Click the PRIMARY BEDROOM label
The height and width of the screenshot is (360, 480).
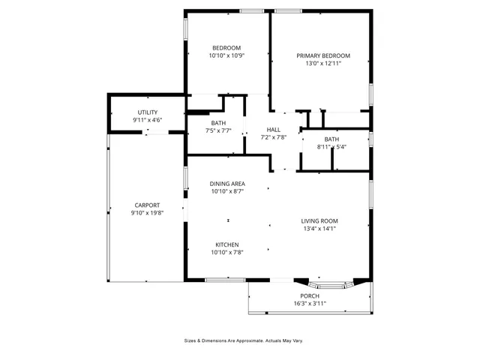(x=322, y=55)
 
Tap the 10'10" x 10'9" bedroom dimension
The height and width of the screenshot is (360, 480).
(x=226, y=56)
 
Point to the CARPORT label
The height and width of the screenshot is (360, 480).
(x=147, y=205)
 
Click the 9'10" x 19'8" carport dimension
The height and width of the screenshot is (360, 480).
(x=147, y=213)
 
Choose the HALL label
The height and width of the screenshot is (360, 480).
(x=273, y=129)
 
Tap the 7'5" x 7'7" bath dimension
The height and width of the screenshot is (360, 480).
(x=218, y=131)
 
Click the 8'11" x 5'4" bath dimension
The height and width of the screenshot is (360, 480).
(x=331, y=147)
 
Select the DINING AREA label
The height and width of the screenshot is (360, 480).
(x=226, y=184)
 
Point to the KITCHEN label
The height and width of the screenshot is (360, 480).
(x=226, y=244)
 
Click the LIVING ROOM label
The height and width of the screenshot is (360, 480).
(x=319, y=220)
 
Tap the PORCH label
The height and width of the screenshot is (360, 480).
(x=310, y=295)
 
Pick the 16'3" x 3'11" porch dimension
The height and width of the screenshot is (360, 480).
(x=310, y=304)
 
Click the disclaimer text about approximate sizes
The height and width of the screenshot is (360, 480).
(x=244, y=340)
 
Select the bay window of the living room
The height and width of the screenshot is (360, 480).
(x=330, y=286)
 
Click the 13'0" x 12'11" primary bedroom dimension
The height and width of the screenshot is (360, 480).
(x=322, y=64)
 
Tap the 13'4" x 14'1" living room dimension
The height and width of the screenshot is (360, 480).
(x=319, y=229)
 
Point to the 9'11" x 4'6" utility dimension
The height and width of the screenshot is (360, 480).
(x=147, y=120)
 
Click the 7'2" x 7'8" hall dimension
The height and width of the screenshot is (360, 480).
(x=273, y=137)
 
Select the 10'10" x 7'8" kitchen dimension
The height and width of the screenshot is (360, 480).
(x=226, y=253)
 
